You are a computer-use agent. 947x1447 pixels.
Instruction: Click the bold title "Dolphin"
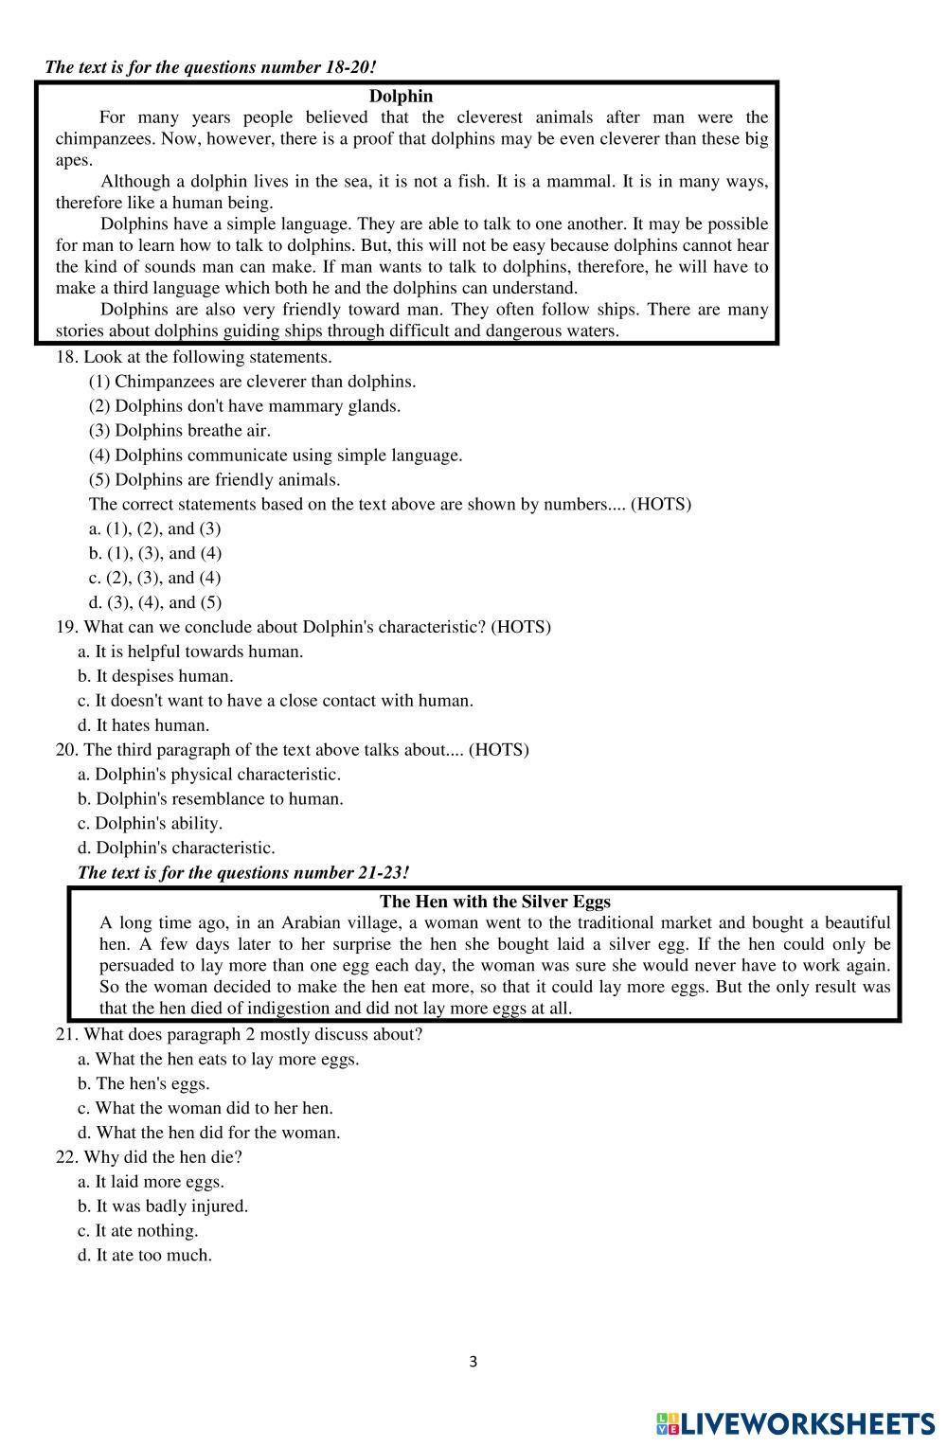pos(401,96)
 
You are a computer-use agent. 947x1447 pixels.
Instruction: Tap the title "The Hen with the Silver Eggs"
pos(494,902)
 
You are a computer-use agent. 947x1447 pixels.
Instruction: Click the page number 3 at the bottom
pos(473,1362)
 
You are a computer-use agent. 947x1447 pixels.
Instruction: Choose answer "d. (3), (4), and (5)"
pos(155,602)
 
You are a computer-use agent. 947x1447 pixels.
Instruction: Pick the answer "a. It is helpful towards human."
pos(190,652)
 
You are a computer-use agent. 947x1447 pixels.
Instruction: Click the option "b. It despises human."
pos(155,676)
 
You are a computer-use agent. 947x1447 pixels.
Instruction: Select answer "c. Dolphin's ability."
pos(150,823)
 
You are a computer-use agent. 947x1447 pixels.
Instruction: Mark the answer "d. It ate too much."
pos(145,1255)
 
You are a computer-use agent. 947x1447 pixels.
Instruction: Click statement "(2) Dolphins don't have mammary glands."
pos(244,406)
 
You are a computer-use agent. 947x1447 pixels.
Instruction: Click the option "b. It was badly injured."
pos(163,1206)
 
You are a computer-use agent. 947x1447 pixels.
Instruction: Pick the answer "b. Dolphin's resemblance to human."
pos(210,798)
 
